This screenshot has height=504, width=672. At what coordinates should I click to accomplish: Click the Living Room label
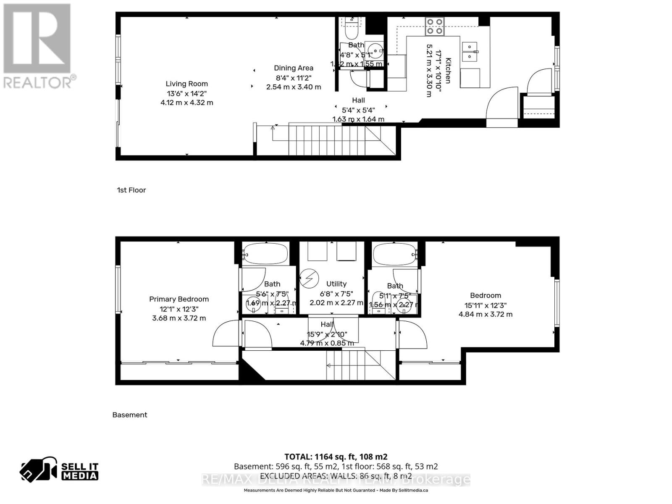tap(186, 84)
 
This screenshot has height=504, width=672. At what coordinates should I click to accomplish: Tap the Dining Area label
tap(294, 68)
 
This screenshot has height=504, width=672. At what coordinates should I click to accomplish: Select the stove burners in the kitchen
tap(434, 26)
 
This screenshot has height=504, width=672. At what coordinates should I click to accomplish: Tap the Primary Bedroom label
tap(179, 299)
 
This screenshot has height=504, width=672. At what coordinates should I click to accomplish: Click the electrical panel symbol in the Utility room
tap(308, 278)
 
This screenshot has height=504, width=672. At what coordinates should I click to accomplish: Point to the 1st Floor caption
tap(131, 190)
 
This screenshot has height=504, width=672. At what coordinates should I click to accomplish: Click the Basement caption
tap(130, 415)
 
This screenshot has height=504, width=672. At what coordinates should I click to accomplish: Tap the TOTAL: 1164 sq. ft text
tap(336, 457)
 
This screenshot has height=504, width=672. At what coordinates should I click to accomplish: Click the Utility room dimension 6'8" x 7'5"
tap(336, 294)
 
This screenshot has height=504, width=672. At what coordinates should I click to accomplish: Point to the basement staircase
tap(360, 365)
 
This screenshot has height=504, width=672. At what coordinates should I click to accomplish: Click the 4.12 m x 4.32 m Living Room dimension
tap(186, 102)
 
